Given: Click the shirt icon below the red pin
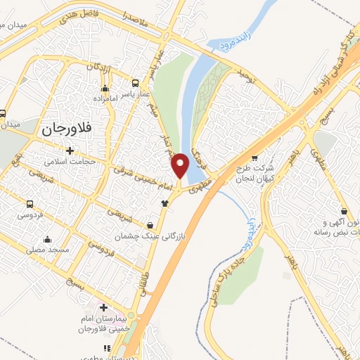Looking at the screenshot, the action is (165, 203).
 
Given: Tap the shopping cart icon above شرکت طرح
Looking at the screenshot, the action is (254, 157).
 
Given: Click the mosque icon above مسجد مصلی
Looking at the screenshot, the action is (47, 238).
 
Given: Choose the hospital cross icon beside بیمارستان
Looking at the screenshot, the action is (103, 307).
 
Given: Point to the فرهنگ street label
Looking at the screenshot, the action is (199, 146).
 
